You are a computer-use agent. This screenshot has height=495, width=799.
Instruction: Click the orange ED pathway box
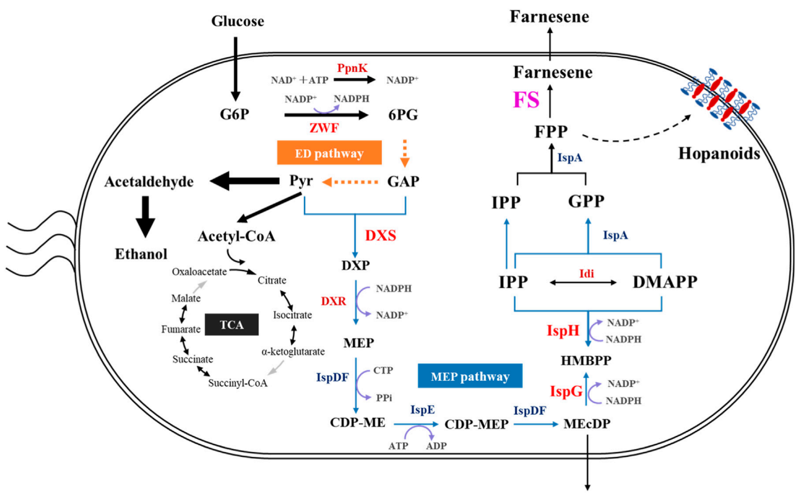tap(329, 153)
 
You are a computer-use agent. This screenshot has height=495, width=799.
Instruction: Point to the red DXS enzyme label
tap(380, 235)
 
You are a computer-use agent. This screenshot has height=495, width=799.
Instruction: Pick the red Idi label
tap(587, 273)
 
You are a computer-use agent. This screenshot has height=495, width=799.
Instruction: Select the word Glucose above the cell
tap(238, 22)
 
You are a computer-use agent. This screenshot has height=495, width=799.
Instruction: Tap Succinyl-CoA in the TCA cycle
tap(238, 382)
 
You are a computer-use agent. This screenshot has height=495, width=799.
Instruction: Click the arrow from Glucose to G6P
tap(236, 67)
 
